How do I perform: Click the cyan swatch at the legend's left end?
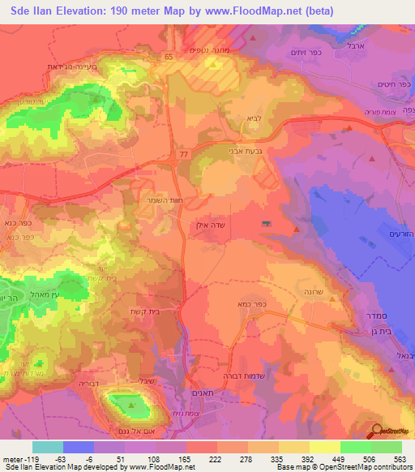(48, 447)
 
